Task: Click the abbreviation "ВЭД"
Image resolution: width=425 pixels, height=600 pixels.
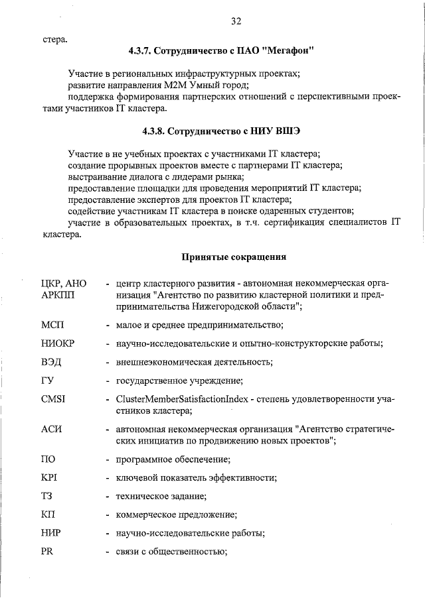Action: [x=52, y=362]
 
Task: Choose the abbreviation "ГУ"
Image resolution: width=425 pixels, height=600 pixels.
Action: [x=48, y=381]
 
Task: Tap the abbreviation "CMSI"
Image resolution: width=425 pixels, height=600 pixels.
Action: [x=54, y=399]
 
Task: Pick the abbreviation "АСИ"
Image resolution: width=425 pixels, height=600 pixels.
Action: [x=52, y=429]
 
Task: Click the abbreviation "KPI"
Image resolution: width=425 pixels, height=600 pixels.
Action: [x=50, y=477]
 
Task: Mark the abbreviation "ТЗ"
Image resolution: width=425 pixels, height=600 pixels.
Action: [x=47, y=496]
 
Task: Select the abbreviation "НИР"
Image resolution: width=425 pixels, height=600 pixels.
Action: [x=52, y=533]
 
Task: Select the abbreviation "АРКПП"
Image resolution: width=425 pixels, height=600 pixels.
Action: [x=58, y=294]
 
